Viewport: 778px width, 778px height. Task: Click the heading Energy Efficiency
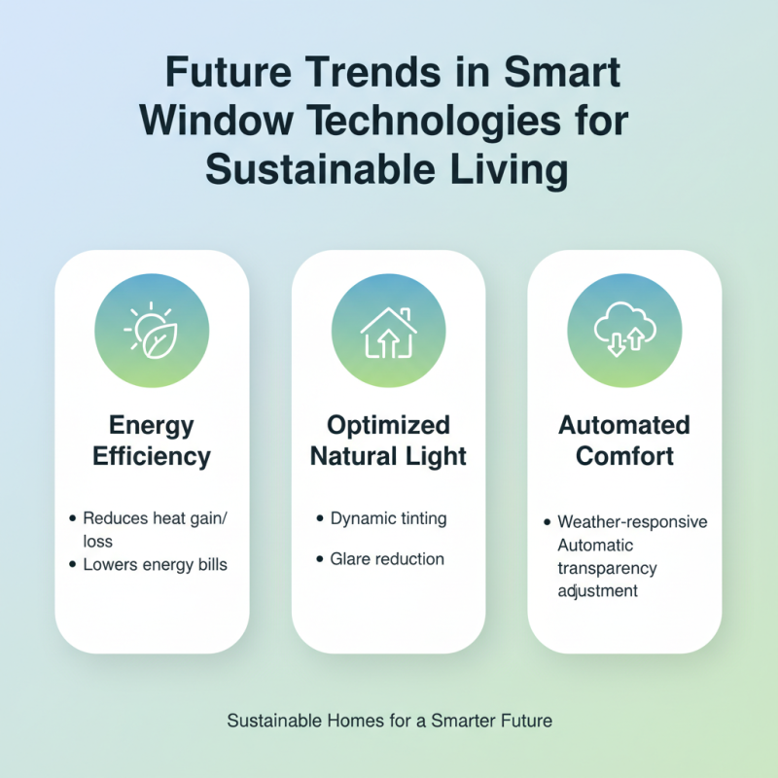[152, 441]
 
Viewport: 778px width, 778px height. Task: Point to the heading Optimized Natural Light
[388, 441]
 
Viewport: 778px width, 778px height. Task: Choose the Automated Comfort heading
[623, 441]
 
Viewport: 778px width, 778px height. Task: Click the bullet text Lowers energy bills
[156, 564]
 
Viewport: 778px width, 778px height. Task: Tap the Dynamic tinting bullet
[388, 518]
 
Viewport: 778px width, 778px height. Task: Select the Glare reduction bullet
[386, 559]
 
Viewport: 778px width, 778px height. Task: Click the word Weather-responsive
[632, 522]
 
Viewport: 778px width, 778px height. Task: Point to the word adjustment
[597, 590]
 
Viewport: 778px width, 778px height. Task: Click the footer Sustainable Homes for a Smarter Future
[389, 722]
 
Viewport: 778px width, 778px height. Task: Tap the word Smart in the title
[567, 74]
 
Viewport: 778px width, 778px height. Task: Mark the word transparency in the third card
[607, 568]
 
